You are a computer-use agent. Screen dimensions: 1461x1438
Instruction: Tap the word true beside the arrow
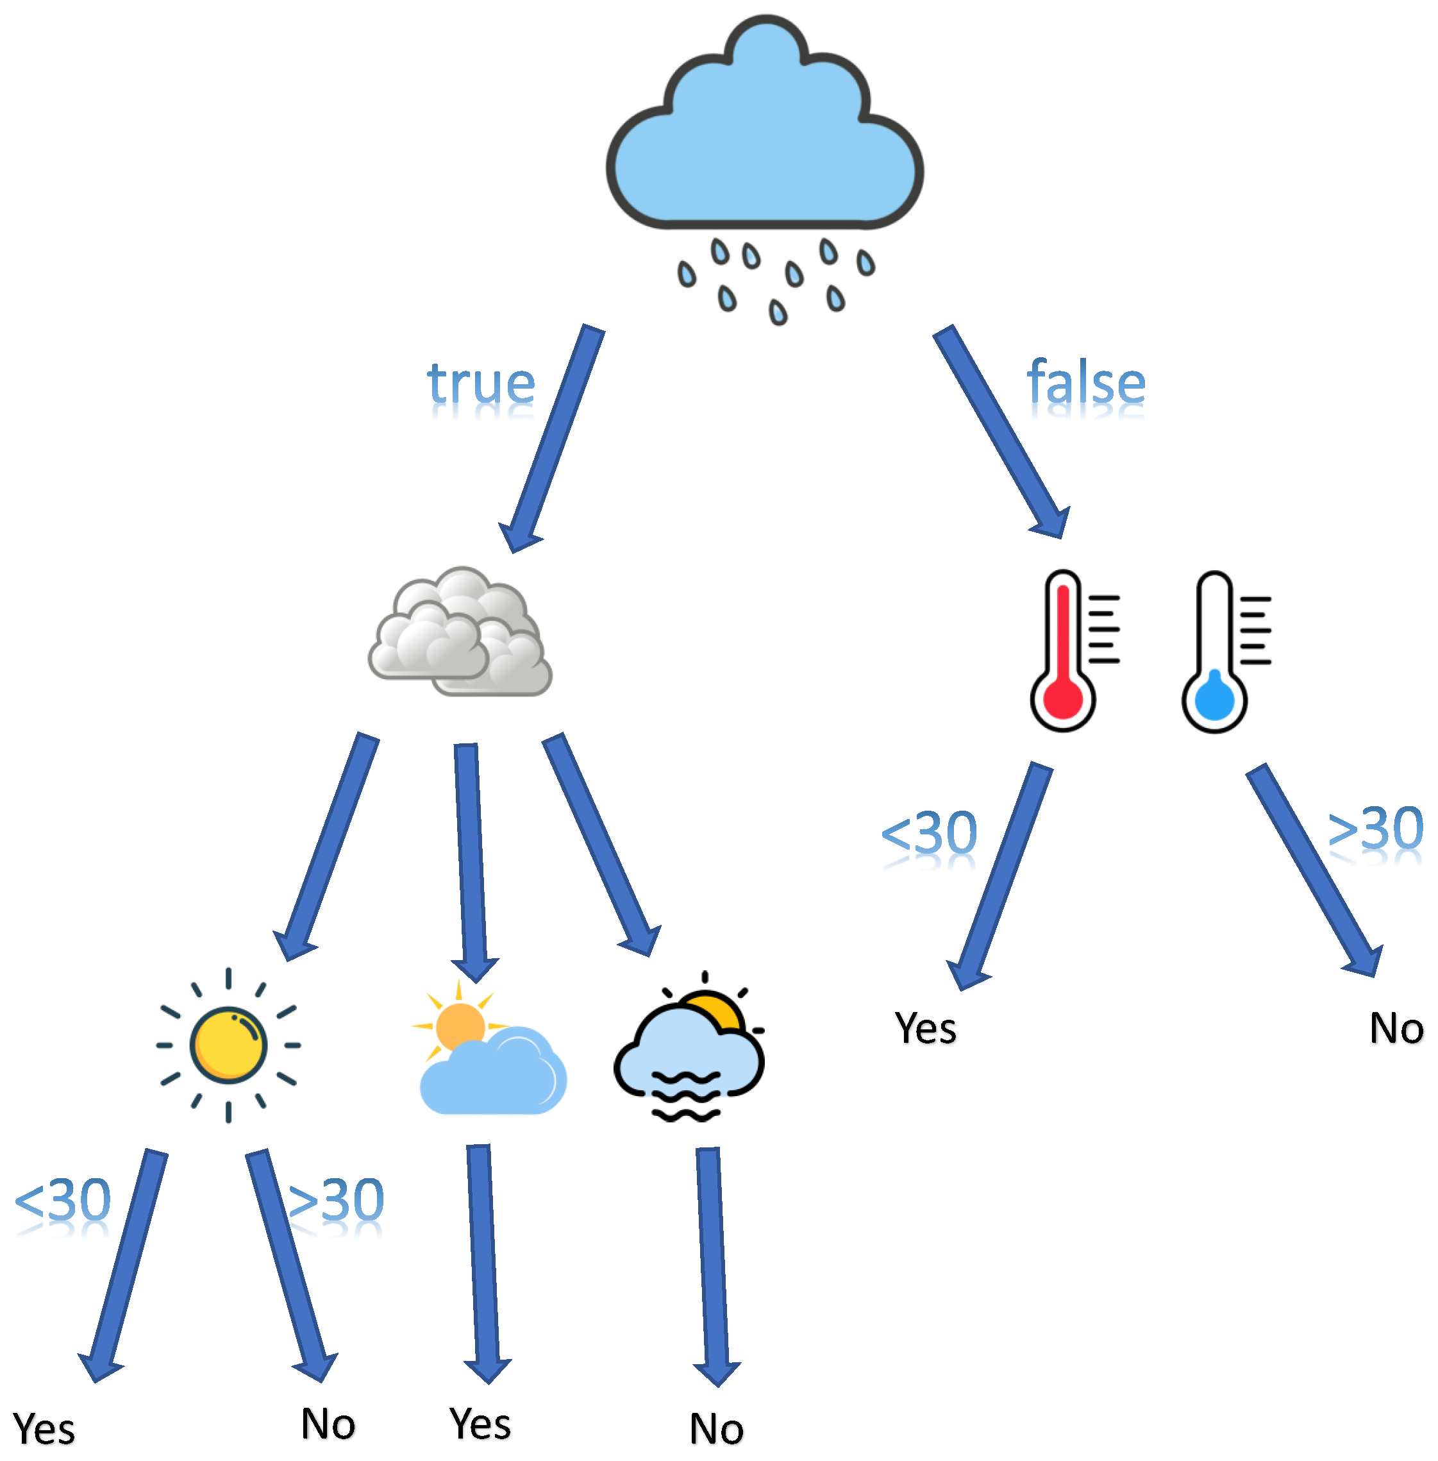(481, 385)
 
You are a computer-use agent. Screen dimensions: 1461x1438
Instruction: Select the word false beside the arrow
(1086, 383)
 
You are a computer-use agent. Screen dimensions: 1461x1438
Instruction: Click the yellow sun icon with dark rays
(228, 1045)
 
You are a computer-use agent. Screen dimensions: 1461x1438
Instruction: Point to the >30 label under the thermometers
(1375, 829)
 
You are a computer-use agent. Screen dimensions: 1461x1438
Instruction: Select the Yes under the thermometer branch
(925, 1029)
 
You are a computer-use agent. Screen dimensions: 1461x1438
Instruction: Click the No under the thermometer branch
(1396, 1029)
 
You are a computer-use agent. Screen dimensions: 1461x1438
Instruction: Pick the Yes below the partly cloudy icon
(480, 1424)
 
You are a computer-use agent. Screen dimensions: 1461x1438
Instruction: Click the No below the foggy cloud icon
(716, 1430)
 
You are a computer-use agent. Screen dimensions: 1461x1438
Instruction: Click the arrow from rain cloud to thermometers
(1001, 430)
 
